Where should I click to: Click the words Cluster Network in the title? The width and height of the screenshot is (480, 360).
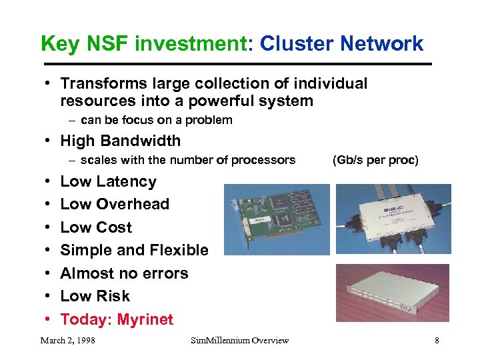pyautogui.click(x=341, y=44)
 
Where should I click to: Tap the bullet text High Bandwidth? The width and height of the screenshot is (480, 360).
pyautogui.click(x=120, y=141)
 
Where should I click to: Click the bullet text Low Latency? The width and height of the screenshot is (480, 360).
pyautogui.click(x=108, y=181)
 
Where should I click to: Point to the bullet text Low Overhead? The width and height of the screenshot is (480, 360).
pyautogui.click(x=115, y=204)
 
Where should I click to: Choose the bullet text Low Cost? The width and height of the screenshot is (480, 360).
pyautogui.click(x=96, y=227)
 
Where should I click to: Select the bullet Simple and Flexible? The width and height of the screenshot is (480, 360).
pyautogui.click(x=134, y=250)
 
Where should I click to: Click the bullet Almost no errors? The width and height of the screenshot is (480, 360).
pyautogui.click(x=124, y=273)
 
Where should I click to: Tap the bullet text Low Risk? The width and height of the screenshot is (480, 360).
pyautogui.click(x=95, y=296)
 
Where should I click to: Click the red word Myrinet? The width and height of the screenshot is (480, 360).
pyautogui.click(x=145, y=319)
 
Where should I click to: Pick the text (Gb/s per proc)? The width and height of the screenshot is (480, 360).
pyautogui.click(x=375, y=160)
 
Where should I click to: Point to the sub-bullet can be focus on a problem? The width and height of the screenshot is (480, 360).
pyautogui.click(x=157, y=120)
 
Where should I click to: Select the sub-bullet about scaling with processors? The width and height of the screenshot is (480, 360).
pyautogui.click(x=187, y=160)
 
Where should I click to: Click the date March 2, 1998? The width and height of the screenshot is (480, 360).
pyautogui.click(x=67, y=341)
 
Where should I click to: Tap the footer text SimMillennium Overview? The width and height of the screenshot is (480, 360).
pyautogui.click(x=239, y=341)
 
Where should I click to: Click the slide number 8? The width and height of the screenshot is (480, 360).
pyautogui.click(x=437, y=341)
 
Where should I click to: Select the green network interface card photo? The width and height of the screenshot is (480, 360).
pyautogui.click(x=276, y=219)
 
